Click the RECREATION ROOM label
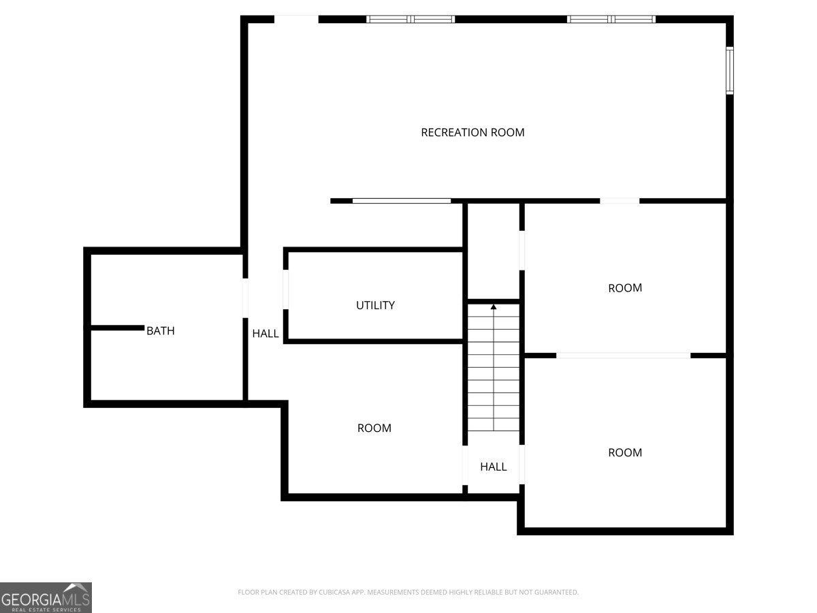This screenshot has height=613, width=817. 472,132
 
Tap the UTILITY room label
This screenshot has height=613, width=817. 375,305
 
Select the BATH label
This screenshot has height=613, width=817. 161,331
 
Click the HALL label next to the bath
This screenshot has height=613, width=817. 266,334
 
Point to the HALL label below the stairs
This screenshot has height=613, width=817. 493,467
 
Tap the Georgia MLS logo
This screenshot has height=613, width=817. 46,597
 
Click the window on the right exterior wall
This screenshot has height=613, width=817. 729,70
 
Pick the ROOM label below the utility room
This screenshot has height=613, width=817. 374,428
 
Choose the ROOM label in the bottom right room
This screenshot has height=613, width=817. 624,452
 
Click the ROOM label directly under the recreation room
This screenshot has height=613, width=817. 624,288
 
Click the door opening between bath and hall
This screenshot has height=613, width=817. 244,298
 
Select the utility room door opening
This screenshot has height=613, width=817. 286,289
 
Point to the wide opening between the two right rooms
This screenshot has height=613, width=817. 623,356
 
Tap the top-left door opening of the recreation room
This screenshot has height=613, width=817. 296,19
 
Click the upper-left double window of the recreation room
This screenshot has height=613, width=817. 411,19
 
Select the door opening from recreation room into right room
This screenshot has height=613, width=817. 620,201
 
